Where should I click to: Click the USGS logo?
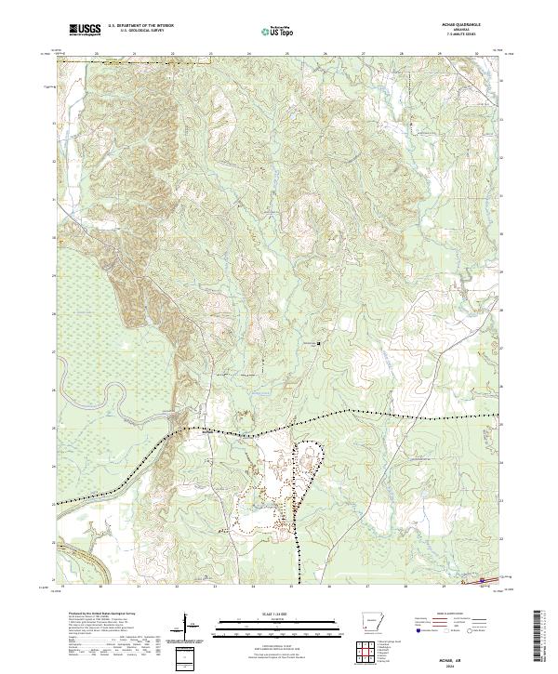84,30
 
